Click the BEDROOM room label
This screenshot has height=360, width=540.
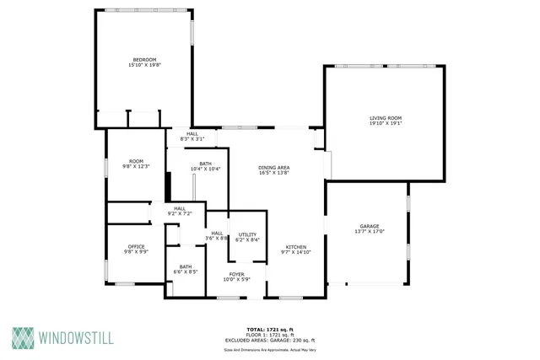click(144, 59)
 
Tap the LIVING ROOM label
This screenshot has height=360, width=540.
click(385, 118)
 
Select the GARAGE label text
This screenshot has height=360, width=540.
click(370, 226)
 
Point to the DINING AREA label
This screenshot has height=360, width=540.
click(274, 167)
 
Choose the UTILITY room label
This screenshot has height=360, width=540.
click(248, 234)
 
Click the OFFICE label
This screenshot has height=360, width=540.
click(136, 246)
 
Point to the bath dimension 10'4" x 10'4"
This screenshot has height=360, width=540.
click(205, 169)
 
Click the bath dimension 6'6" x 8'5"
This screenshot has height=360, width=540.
click(186, 272)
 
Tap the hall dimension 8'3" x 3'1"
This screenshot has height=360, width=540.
click(192, 138)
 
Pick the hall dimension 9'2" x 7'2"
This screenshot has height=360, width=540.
click(180, 214)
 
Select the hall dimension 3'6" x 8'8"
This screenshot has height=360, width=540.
click(217, 239)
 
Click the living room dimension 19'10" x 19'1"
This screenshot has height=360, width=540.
click(385, 124)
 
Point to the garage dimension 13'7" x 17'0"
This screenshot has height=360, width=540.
click(370, 232)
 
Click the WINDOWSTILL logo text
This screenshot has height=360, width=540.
click(76, 338)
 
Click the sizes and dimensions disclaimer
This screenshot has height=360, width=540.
click(270, 348)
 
